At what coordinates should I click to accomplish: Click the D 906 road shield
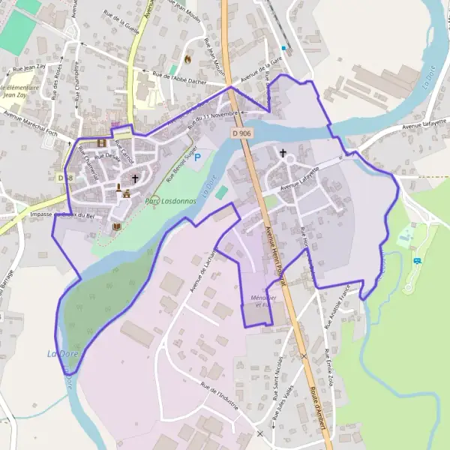(241, 133)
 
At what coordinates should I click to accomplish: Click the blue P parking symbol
(198, 157)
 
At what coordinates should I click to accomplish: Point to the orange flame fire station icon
(187, 58)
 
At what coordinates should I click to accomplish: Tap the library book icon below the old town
(115, 226)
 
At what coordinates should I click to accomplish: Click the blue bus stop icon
(417, 260)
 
